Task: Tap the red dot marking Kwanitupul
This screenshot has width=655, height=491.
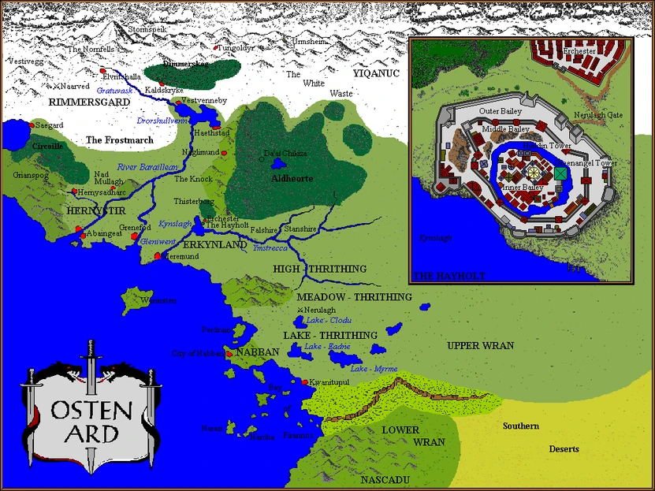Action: coord(304,382)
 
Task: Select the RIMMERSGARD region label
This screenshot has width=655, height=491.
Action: coord(83,102)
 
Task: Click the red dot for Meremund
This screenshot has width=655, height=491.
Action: coord(158,256)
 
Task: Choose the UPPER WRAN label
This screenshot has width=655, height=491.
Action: coord(480,346)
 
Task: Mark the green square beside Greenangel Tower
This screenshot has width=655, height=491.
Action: coord(560,173)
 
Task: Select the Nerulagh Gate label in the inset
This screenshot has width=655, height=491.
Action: coord(597,115)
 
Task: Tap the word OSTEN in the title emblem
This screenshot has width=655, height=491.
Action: coord(86,408)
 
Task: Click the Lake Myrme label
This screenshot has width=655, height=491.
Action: coord(374,369)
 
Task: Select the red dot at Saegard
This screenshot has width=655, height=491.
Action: coord(32,125)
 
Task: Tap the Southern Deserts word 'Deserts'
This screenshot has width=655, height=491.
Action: coord(564,449)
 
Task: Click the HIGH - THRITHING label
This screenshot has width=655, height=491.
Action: coord(319,269)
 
